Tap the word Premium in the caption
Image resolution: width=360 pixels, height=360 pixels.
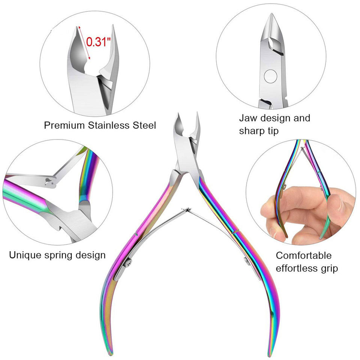[63, 125]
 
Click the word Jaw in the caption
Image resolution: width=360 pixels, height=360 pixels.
[247, 118]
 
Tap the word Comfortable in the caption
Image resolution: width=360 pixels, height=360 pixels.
[304, 255]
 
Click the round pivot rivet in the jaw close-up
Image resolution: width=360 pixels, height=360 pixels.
[270, 77]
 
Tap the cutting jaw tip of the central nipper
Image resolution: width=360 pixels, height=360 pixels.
[178, 117]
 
